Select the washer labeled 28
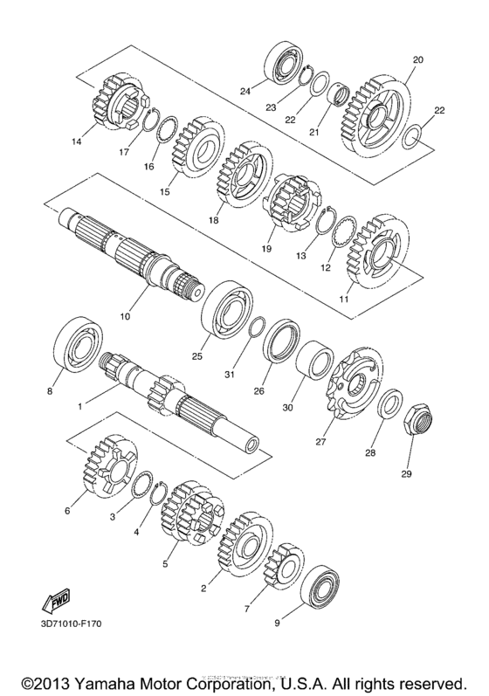point(388,405)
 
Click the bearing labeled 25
point(225,308)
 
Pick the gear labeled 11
point(372,250)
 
